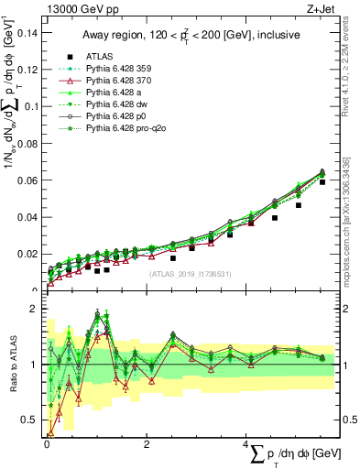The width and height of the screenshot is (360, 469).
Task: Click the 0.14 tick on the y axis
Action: (27, 33)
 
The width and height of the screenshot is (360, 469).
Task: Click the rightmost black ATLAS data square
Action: (322, 182)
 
